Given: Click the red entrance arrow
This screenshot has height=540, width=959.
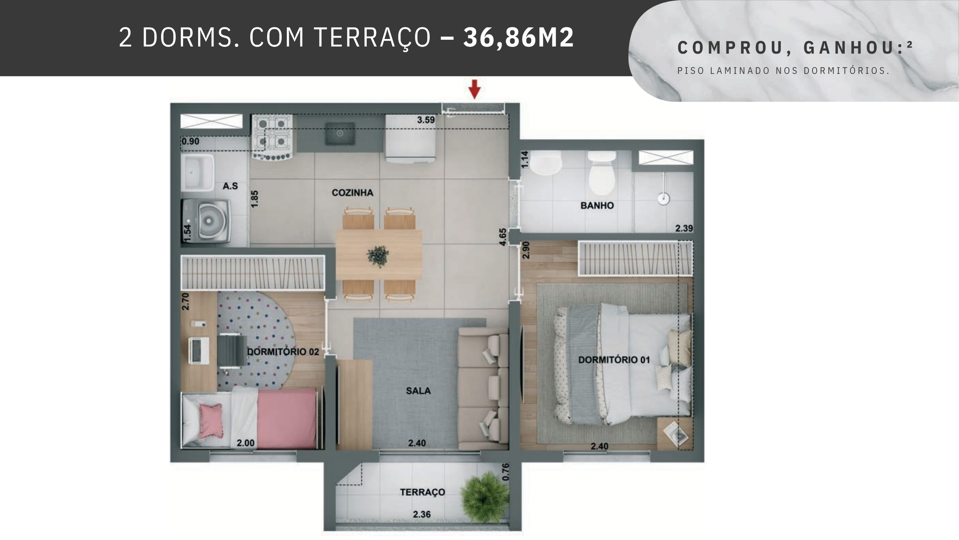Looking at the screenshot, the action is tap(475, 89).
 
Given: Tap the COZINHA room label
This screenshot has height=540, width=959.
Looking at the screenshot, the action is tap(353, 193).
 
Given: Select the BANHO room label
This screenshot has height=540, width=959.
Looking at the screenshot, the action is tap(597, 205).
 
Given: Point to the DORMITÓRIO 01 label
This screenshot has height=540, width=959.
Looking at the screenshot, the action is tap(614, 360).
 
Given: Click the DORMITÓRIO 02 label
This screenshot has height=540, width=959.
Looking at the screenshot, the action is tap(283, 352).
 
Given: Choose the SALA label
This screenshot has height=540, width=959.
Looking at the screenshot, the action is tap(418, 391).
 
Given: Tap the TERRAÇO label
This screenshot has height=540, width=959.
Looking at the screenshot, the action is tap(423, 492).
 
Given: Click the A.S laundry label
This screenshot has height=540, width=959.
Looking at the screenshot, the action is tap(230, 186).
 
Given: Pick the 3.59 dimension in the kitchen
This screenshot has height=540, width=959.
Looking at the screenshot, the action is tap(426, 120).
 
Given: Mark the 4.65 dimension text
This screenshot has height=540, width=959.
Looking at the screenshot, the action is tap(503, 237).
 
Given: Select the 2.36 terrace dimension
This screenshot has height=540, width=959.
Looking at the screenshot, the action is tap(422, 514).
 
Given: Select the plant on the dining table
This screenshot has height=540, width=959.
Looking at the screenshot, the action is tap(378, 256).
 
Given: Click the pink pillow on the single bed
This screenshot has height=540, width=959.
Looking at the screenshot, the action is tap(211, 421).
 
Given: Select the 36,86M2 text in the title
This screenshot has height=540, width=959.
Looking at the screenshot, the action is tap(518, 37).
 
